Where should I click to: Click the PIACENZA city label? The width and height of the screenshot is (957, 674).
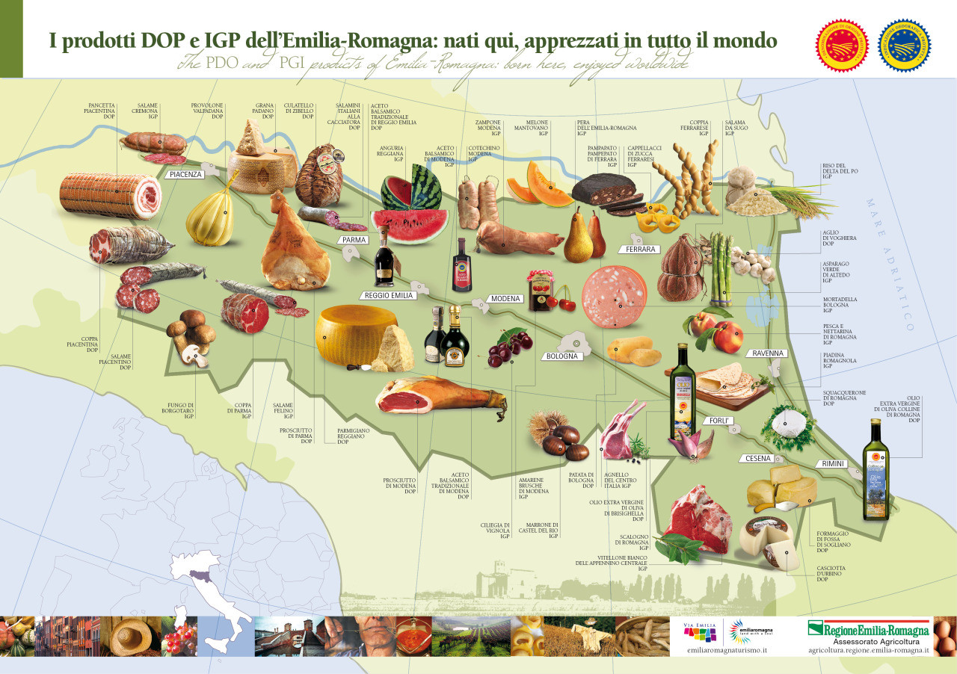(x=186, y=174)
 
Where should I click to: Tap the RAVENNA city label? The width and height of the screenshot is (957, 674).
(x=767, y=353)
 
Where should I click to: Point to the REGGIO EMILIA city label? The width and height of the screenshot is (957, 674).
(x=388, y=295)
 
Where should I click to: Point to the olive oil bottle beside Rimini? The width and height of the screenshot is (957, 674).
(x=876, y=471)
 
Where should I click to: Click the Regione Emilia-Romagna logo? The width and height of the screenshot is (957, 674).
(x=868, y=630)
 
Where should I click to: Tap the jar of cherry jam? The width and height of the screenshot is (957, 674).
(x=541, y=291)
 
